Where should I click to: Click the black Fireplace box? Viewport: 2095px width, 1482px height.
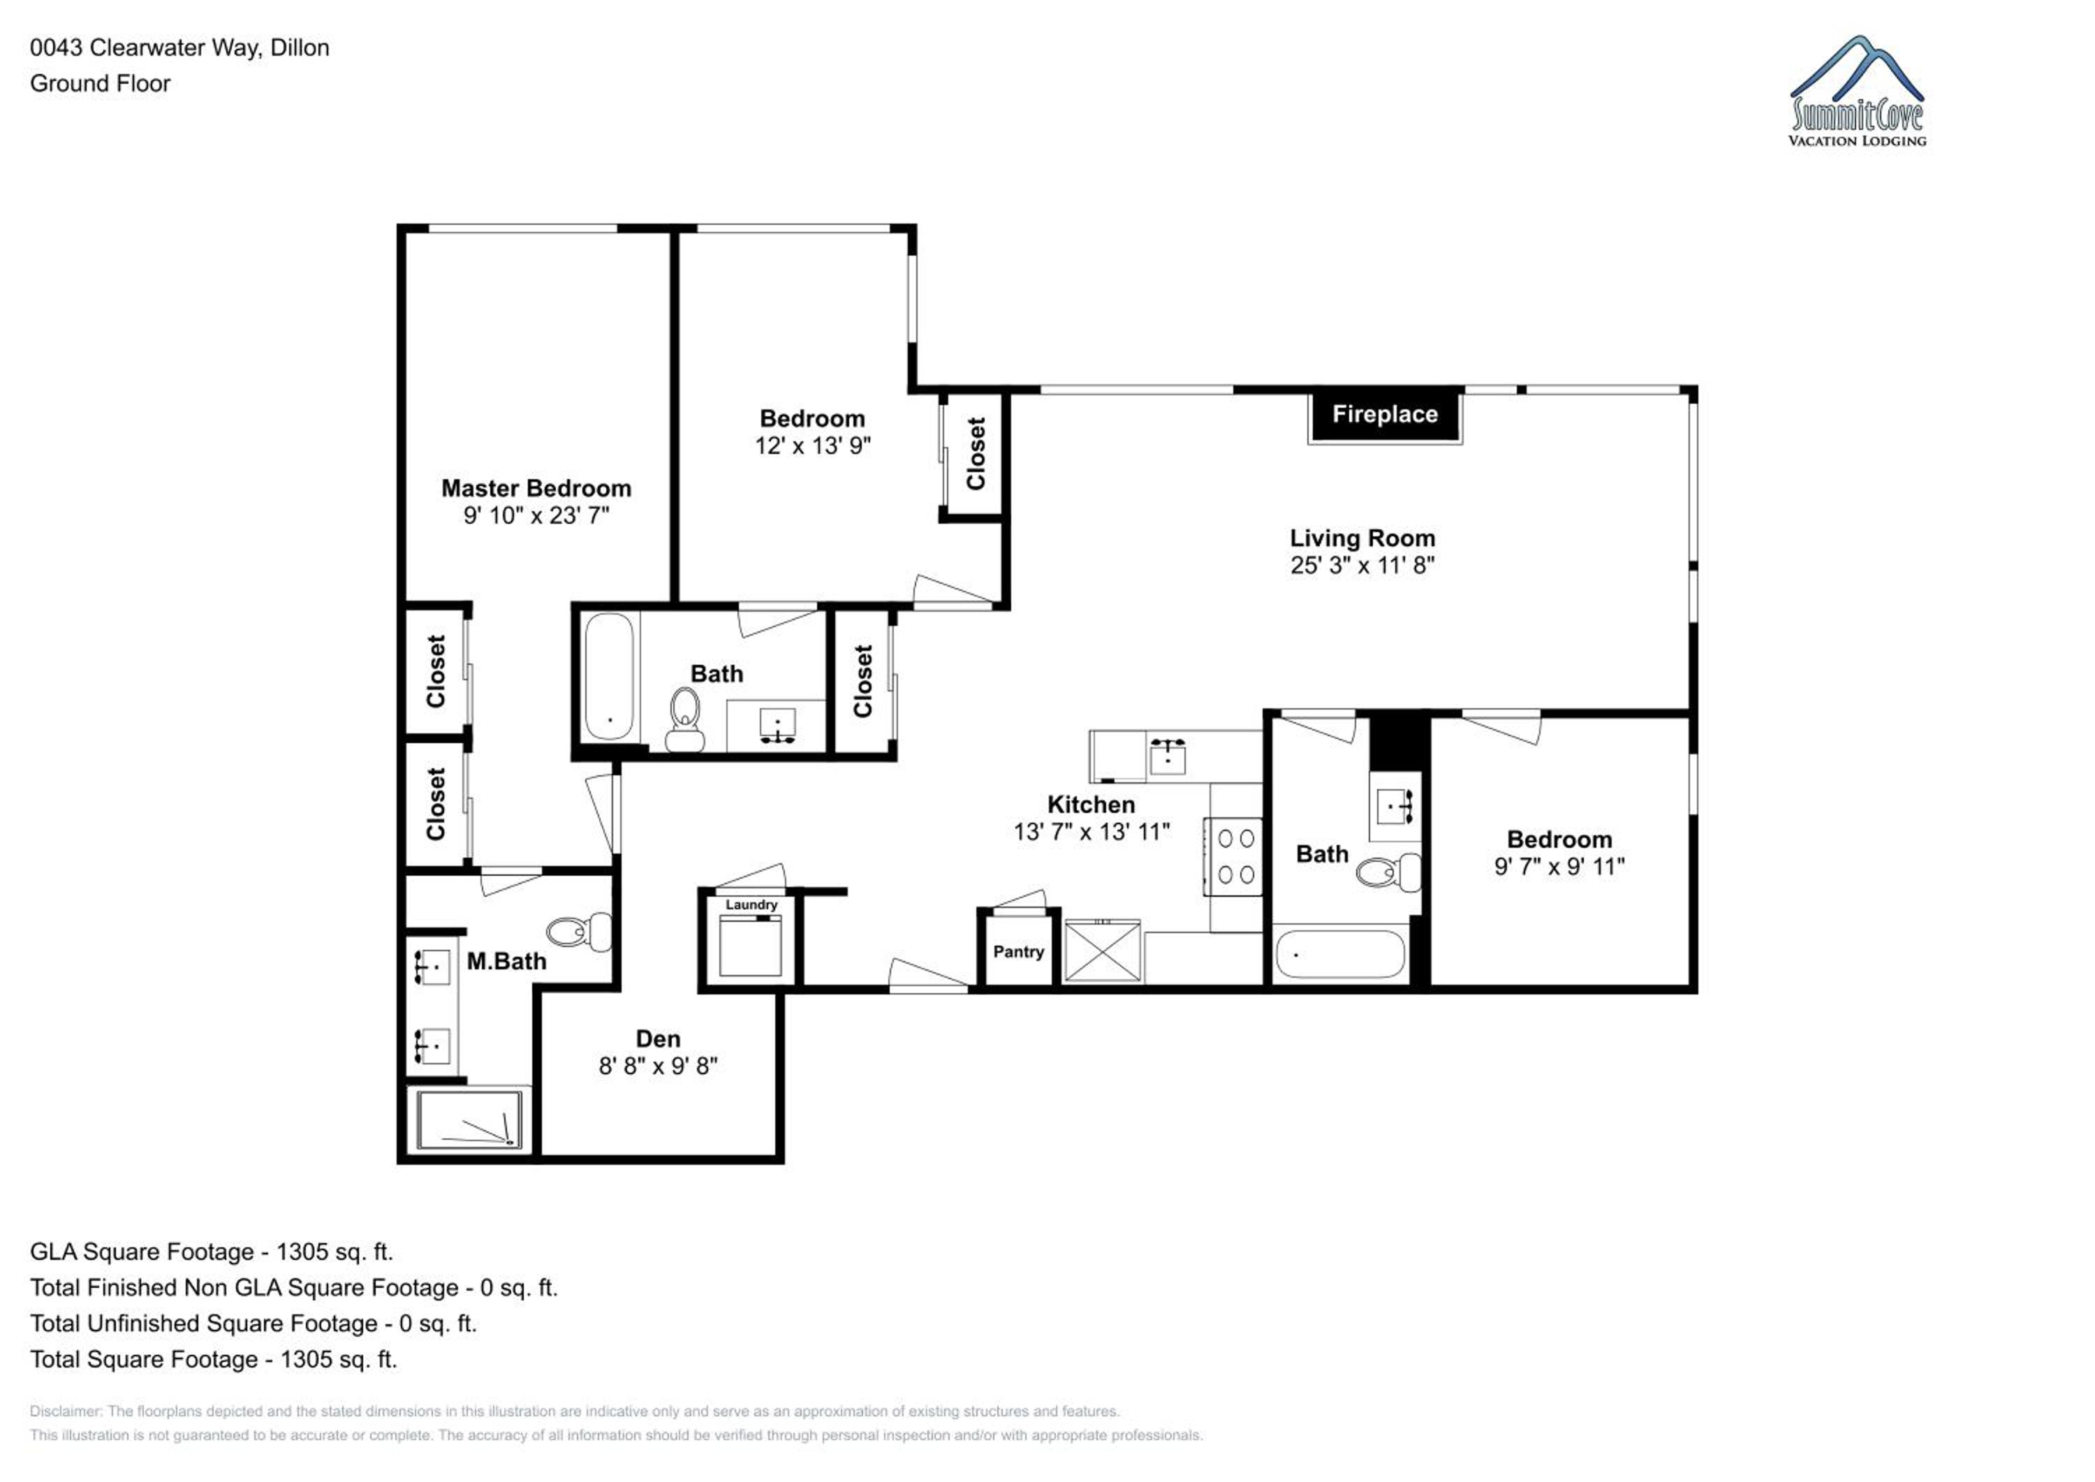click(1385, 417)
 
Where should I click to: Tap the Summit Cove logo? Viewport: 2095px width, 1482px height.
click(1857, 91)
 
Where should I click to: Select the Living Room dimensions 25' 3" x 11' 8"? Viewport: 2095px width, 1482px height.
click(1362, 566)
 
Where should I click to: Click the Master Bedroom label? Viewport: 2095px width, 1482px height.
click(536, 488)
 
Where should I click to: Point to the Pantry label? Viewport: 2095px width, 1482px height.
click(1018, 951)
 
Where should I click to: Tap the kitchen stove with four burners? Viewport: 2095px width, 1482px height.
click(1233, 857)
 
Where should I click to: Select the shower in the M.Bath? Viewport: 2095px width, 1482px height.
click(470, 1120)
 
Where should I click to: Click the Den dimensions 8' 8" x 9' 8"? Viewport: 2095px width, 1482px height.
click(658, 1066)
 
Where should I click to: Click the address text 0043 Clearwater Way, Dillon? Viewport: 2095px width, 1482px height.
click(179, 47)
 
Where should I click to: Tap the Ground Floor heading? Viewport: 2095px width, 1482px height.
click(101, 83)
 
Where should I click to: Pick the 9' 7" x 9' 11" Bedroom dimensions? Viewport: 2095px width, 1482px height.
click(1559, 866)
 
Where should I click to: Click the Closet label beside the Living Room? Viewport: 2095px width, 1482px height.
click(976, 453)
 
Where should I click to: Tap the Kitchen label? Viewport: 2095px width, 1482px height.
click(1091, 804)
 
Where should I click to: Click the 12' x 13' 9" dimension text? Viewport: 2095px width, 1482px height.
click(813, 446)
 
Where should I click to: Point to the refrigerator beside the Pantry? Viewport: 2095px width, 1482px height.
click(1103, 952)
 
